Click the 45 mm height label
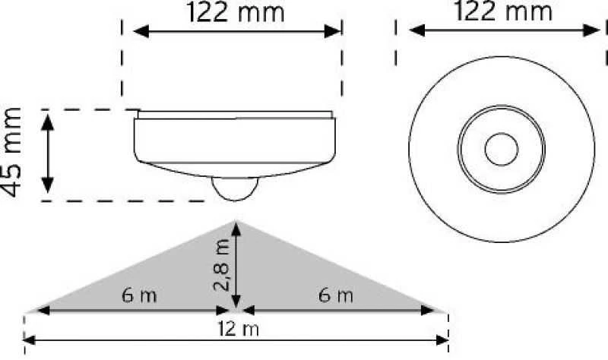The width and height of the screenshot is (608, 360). (x=11, y=153)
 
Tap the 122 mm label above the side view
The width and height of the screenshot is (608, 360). (x=236, y=12)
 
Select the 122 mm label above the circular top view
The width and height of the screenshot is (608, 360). (x=503, y=11)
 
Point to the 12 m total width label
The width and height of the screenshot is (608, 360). (x=238, y=329)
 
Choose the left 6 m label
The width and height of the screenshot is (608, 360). (x=139, y=295)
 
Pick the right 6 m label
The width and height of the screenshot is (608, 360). (x=336, y=295)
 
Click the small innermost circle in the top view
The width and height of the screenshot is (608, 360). (x=502, y=149)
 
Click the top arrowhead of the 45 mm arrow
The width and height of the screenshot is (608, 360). (x=47, y=122)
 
